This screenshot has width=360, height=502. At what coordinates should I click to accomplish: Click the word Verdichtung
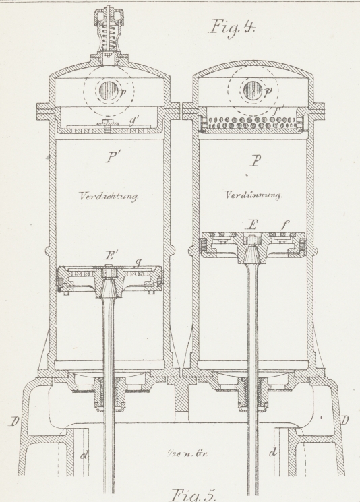pos(109,196)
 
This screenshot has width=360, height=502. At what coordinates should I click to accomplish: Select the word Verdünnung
pos(253,195)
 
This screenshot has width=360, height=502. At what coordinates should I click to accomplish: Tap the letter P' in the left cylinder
pos(110,158)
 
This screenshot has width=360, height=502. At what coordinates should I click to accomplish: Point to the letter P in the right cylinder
pos(255,161)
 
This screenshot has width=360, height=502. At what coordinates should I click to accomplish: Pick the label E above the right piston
pos(252,225)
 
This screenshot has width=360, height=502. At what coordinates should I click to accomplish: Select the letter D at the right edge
pos(344,420)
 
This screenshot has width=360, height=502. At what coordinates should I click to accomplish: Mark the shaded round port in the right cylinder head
pos(253,90)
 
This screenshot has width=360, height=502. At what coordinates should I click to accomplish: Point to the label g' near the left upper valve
pos(132,121)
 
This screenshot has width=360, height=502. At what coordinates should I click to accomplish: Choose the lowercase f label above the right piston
pos(283,226)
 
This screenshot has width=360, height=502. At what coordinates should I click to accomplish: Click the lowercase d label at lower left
pos(84,455)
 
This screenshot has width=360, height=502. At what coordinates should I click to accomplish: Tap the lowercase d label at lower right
pos(273,452)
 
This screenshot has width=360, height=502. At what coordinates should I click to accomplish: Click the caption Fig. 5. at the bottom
pos(193,495)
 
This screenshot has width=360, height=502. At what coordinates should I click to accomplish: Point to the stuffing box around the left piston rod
pos(109,393)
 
